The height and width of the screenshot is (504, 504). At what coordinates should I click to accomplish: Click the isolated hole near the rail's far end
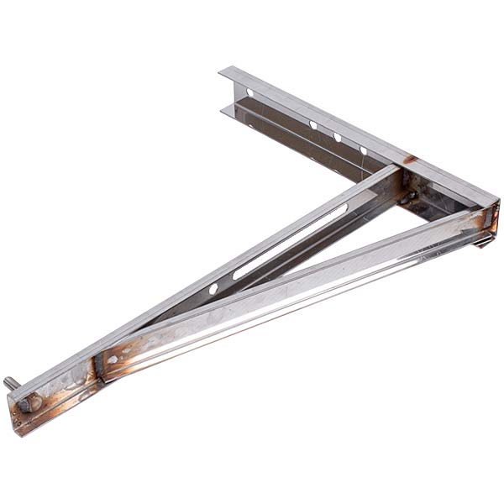pos(249,92)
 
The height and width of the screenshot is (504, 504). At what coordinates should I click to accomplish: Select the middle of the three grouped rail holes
pos(337,137)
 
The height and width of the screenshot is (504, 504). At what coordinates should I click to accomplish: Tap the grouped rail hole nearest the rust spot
pos(363,150)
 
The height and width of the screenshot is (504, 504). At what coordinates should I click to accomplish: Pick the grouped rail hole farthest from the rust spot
pos(312,125)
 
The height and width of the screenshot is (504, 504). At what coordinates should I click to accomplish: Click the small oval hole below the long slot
pos(213,288)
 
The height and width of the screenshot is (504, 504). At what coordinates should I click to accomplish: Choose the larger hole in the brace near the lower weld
pos(113,359)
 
